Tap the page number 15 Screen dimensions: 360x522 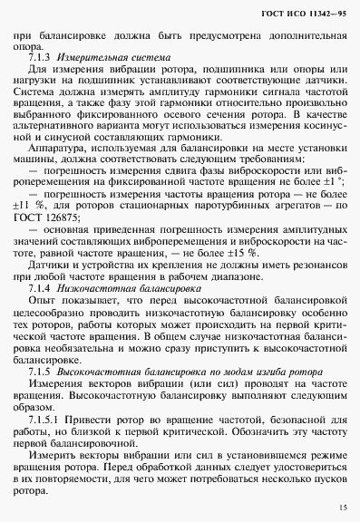(339, 508)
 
